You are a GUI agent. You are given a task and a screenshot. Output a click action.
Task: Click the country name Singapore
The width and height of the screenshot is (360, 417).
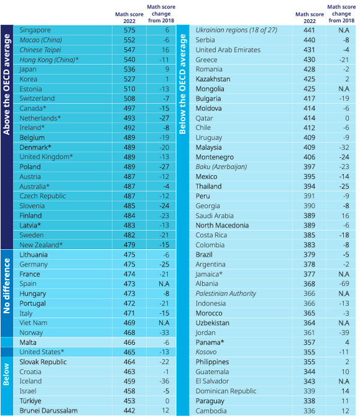(x=35, y=30)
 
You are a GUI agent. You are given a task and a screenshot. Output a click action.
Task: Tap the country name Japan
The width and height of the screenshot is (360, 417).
(x=29, y=69)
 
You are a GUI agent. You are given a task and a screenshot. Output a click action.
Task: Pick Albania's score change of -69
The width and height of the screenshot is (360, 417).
(x=344, y=284)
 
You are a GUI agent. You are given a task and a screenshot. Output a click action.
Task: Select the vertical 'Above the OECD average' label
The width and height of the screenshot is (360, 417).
(x=7, y=137)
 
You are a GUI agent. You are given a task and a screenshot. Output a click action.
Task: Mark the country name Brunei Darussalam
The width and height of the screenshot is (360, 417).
(x=50, y=411)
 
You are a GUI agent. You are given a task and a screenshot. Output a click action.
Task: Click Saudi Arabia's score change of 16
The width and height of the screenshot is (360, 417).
(x=344, y=215)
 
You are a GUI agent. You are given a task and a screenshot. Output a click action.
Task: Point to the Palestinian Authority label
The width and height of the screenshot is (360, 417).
(x=226, y=293)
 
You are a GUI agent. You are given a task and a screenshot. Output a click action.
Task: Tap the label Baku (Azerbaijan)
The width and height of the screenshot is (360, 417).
(x=221, y=167)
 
